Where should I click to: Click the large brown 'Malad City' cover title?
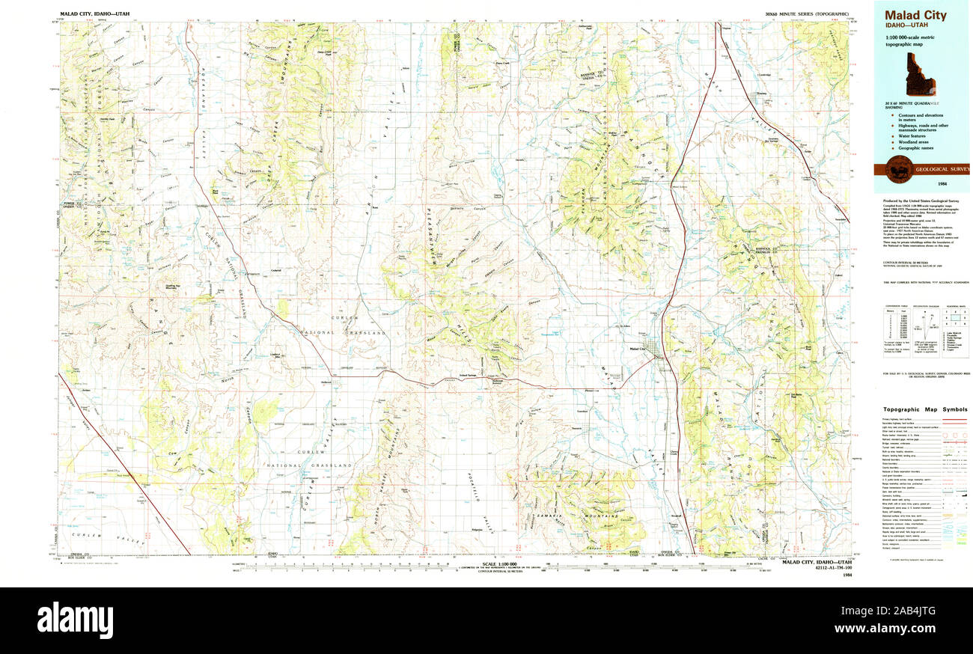pyautogui.click(x=915, y=15)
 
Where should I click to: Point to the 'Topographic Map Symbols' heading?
pyautogui.click(x=925, y=409)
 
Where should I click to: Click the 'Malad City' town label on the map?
pyautogui.click(x=637, y=349)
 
